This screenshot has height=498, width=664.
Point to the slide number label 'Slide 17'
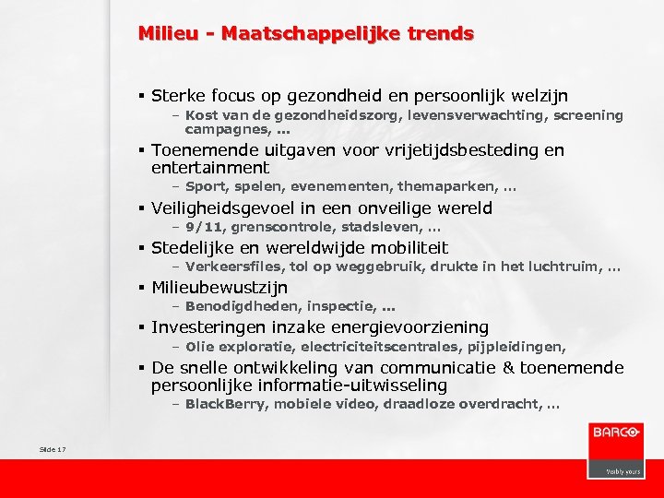53,449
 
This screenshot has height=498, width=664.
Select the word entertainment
210,168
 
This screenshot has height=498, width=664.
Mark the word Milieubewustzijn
219,288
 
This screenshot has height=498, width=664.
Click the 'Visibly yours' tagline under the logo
623,470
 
